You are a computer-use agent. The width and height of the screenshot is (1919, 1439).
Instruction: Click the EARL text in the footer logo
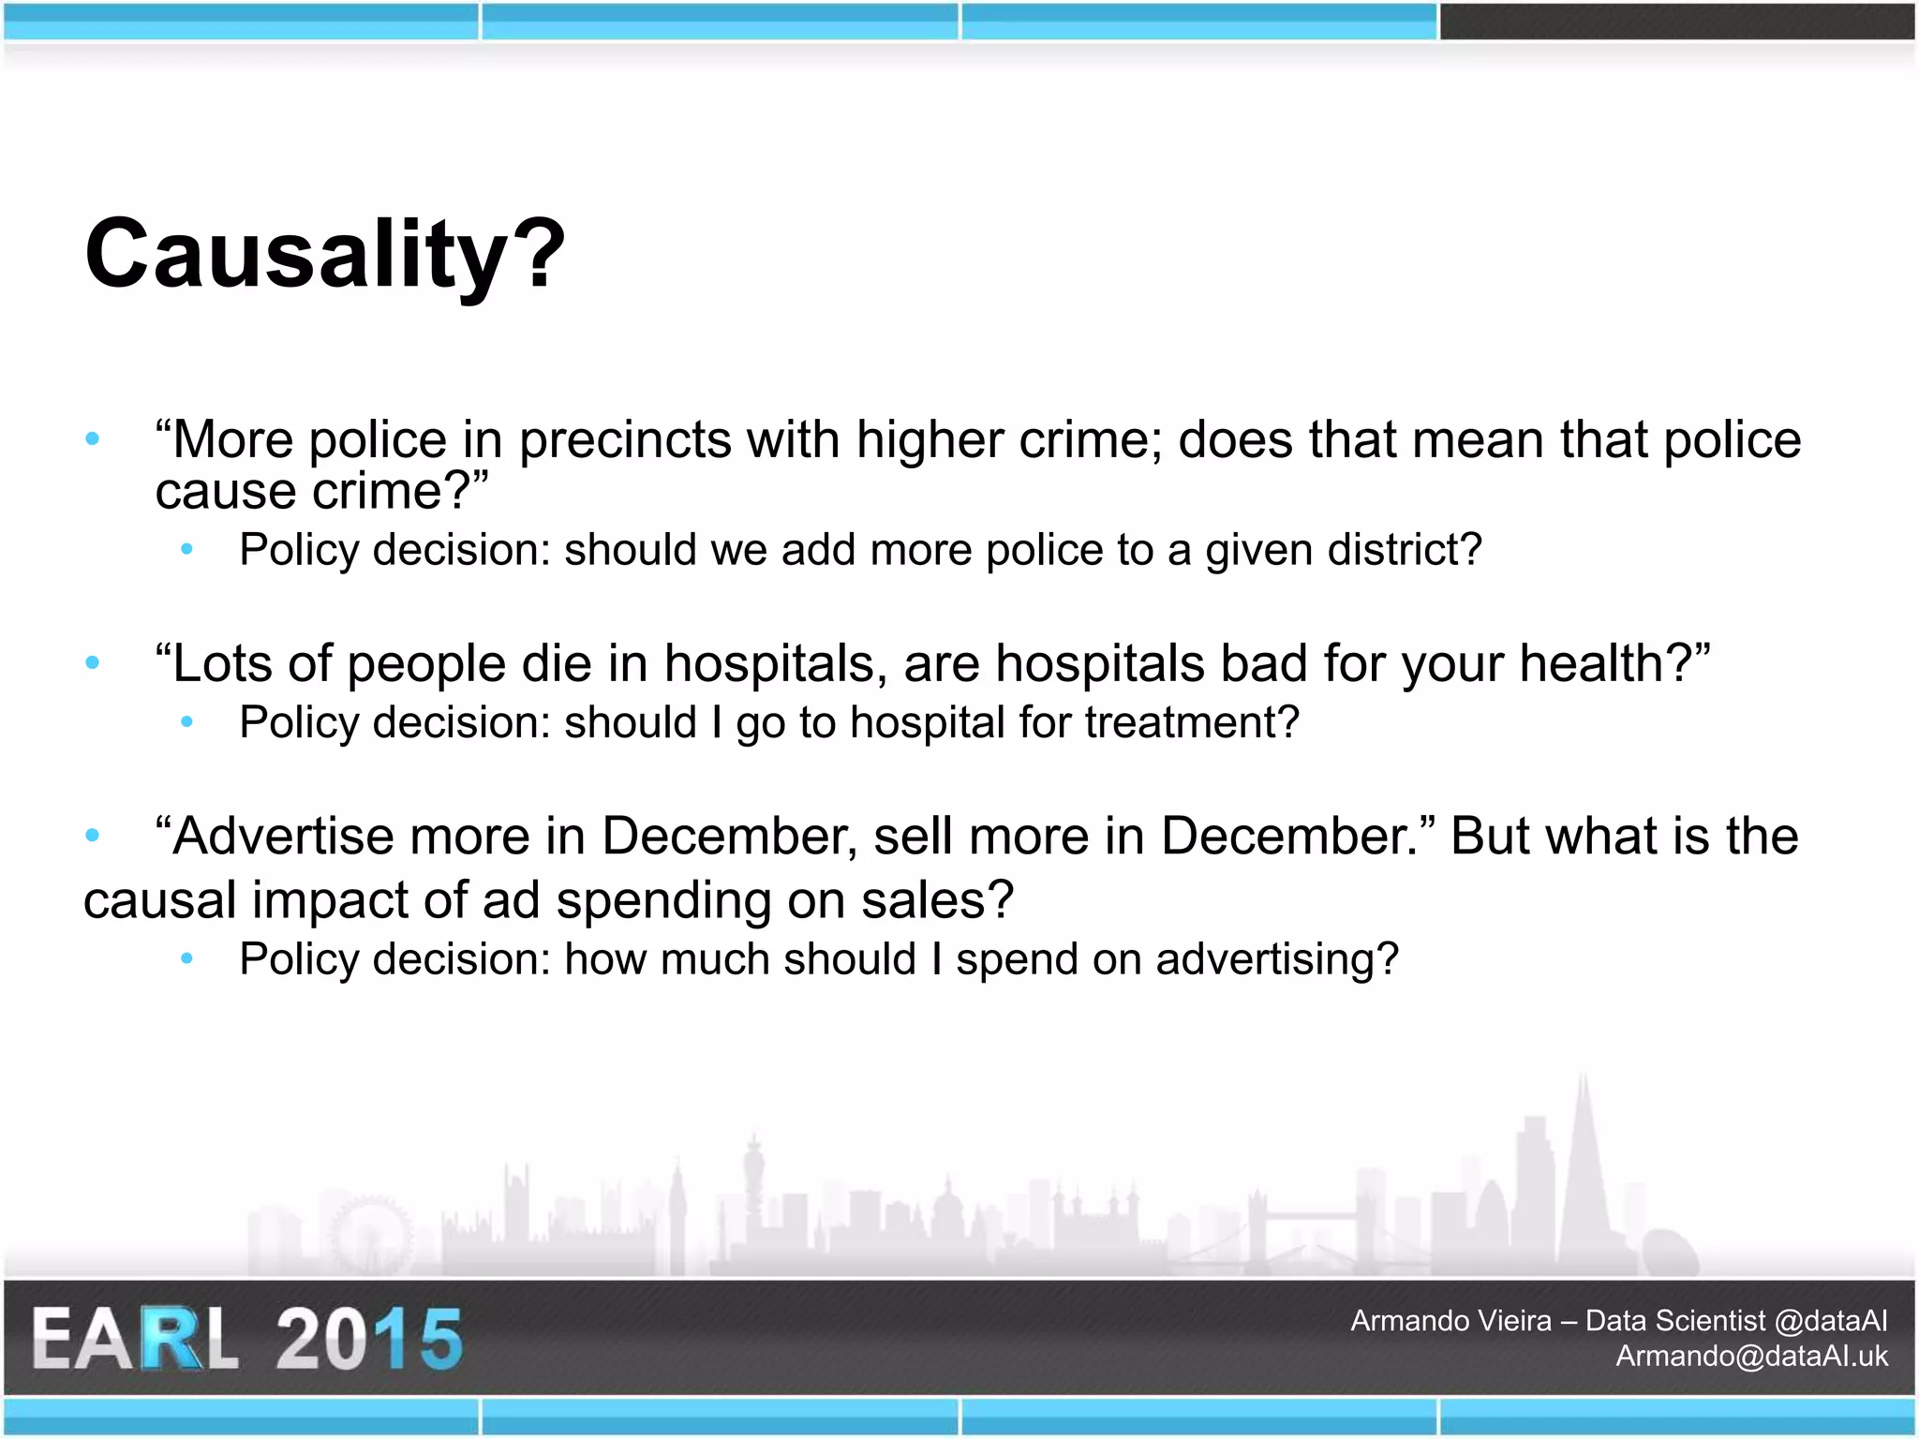(136, 1339)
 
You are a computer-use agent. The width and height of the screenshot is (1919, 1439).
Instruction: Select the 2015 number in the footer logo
(369, 1339)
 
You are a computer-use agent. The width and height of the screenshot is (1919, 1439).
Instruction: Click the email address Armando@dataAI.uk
(1751, 1357)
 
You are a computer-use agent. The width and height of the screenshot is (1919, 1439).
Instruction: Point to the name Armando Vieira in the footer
(1450, 1321)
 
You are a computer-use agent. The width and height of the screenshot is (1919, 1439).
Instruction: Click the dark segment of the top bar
(1677, 22)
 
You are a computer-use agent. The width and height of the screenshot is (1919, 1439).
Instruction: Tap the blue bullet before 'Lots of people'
(92, 663)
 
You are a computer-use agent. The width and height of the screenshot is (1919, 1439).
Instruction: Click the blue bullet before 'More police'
(92, 438)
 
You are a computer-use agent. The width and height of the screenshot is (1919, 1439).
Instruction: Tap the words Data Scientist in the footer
(1675, 1321)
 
